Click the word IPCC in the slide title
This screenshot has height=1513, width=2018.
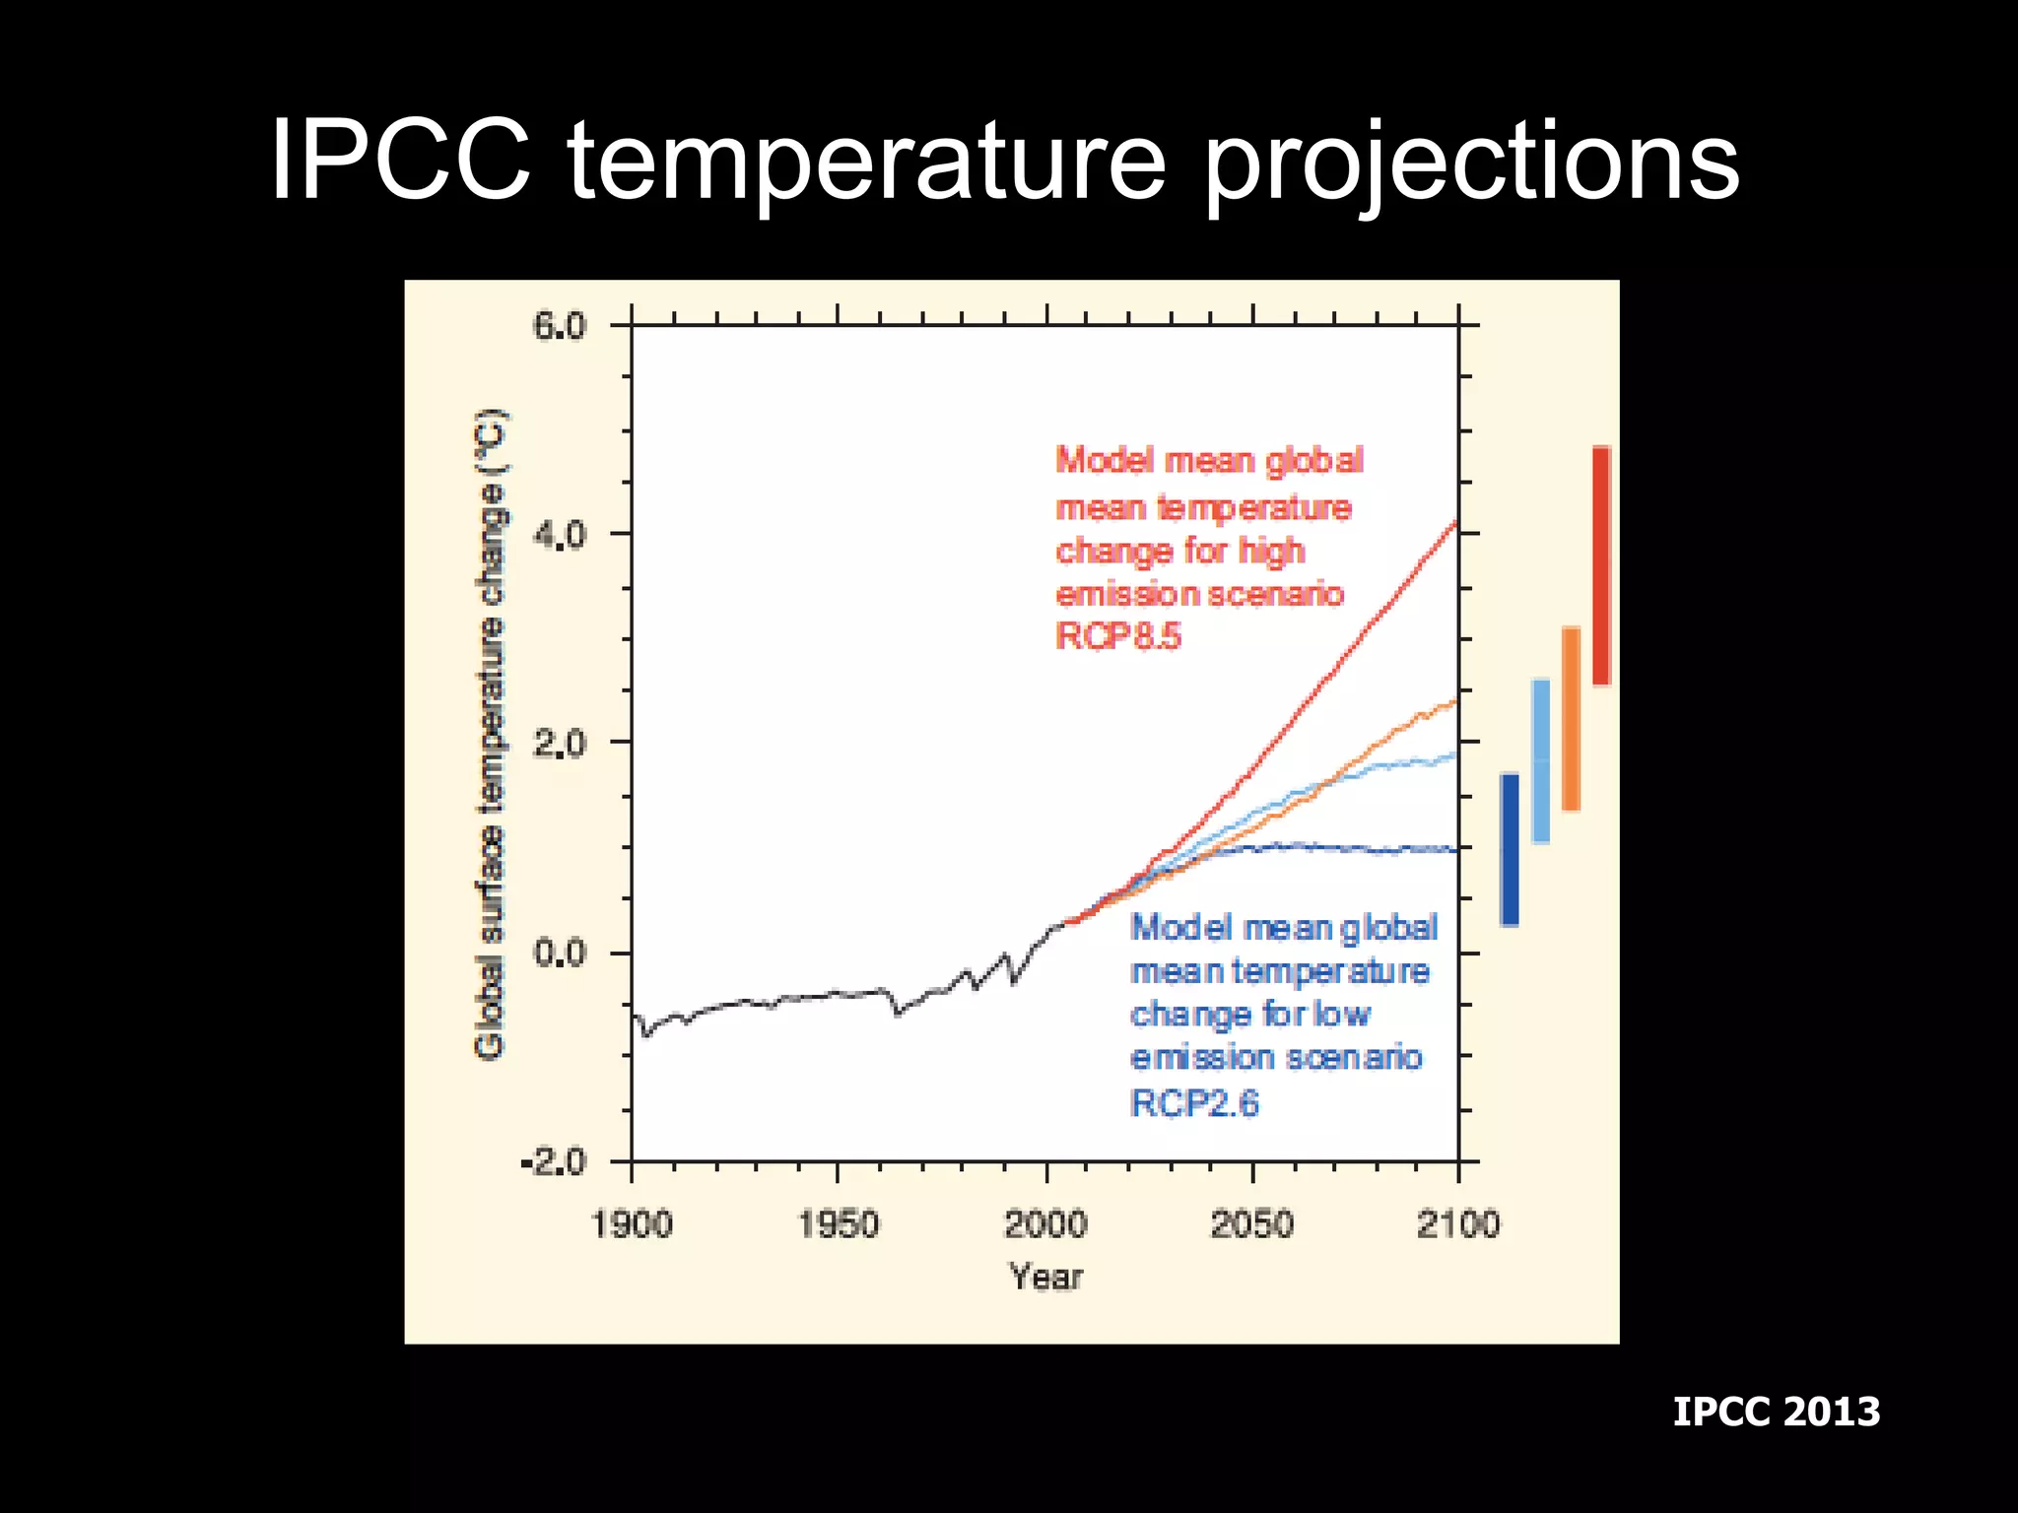[x=400, y=161]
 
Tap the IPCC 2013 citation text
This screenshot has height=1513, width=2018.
[x=1776, y=1412]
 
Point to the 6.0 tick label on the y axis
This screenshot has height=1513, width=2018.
[x=559, y=326]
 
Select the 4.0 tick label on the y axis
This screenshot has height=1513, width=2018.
[x=559, y=535]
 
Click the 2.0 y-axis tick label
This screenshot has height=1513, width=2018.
[x=559, y=744]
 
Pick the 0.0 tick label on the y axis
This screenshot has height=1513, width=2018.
[x=559, y=954]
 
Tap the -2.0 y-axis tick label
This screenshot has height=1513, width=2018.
[x=553, y=1163]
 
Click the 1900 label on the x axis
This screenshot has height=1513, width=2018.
[x=632, y=1224]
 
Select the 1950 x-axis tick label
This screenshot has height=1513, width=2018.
[x=838, y=1224]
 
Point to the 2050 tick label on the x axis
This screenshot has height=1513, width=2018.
[x=1251, y=1224]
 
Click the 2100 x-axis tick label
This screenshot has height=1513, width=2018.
[x=1458, y=1224]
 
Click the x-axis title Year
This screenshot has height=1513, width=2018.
[x=1045, y=1278]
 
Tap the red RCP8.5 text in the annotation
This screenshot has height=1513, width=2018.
[x=1117, y=636]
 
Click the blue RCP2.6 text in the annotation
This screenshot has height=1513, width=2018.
[x=1194, y=1103]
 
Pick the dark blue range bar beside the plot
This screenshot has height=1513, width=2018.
[x=1510, y=849]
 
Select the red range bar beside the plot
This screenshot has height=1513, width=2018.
[x=1601, y=565]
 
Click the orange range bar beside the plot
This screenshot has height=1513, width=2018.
[x=1572, y=718]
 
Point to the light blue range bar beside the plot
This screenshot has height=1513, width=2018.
[x=1540, y=760]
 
